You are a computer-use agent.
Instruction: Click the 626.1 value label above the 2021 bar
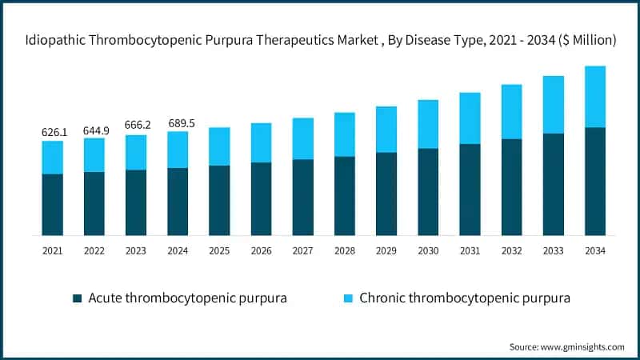(53, 131)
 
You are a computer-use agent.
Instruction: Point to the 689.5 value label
(178, 122)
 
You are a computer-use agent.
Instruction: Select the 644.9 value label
(94, 129)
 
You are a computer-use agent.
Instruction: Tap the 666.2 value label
(136, 126)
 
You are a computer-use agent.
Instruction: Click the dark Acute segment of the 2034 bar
(594, 181)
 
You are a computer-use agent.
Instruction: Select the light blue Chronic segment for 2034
(594, 97)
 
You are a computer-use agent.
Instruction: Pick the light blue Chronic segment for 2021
(53, 157)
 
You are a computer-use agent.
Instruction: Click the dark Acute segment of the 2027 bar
(302, 197)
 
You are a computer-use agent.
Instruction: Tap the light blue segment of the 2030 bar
(428, 124)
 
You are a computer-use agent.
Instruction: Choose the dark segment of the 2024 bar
(178, 201)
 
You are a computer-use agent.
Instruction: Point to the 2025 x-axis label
(219, 251)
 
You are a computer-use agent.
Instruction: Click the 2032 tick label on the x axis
(511, 251)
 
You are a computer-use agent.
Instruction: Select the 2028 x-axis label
(344, 251)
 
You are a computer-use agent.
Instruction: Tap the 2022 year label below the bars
(94, 251)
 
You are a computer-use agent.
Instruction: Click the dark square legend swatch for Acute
(78, 298)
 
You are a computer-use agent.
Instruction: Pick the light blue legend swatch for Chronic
(348, 298)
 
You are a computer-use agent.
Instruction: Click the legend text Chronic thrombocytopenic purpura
(465, 298)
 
